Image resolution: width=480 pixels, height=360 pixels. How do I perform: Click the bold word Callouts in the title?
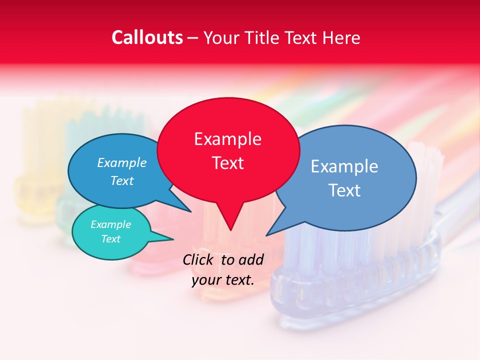click(x=147, y=37)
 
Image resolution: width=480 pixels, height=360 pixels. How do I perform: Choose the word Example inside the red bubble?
click(x=227, y=139)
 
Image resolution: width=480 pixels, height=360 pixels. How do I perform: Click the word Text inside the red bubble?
click(x=227, y=163)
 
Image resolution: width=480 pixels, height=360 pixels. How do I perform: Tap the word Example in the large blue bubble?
click(x=344, y=166)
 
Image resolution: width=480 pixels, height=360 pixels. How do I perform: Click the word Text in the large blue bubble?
click(x=344, y=190)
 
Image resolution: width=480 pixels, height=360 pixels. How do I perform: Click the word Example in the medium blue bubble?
click(x=122, y=163)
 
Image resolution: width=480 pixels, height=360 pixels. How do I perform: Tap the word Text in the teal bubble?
click(x=111, y=239)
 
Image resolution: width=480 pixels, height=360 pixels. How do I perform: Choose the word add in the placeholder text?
click(x=250, y=260)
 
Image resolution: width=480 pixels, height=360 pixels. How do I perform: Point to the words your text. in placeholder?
click(x=223, y=280)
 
